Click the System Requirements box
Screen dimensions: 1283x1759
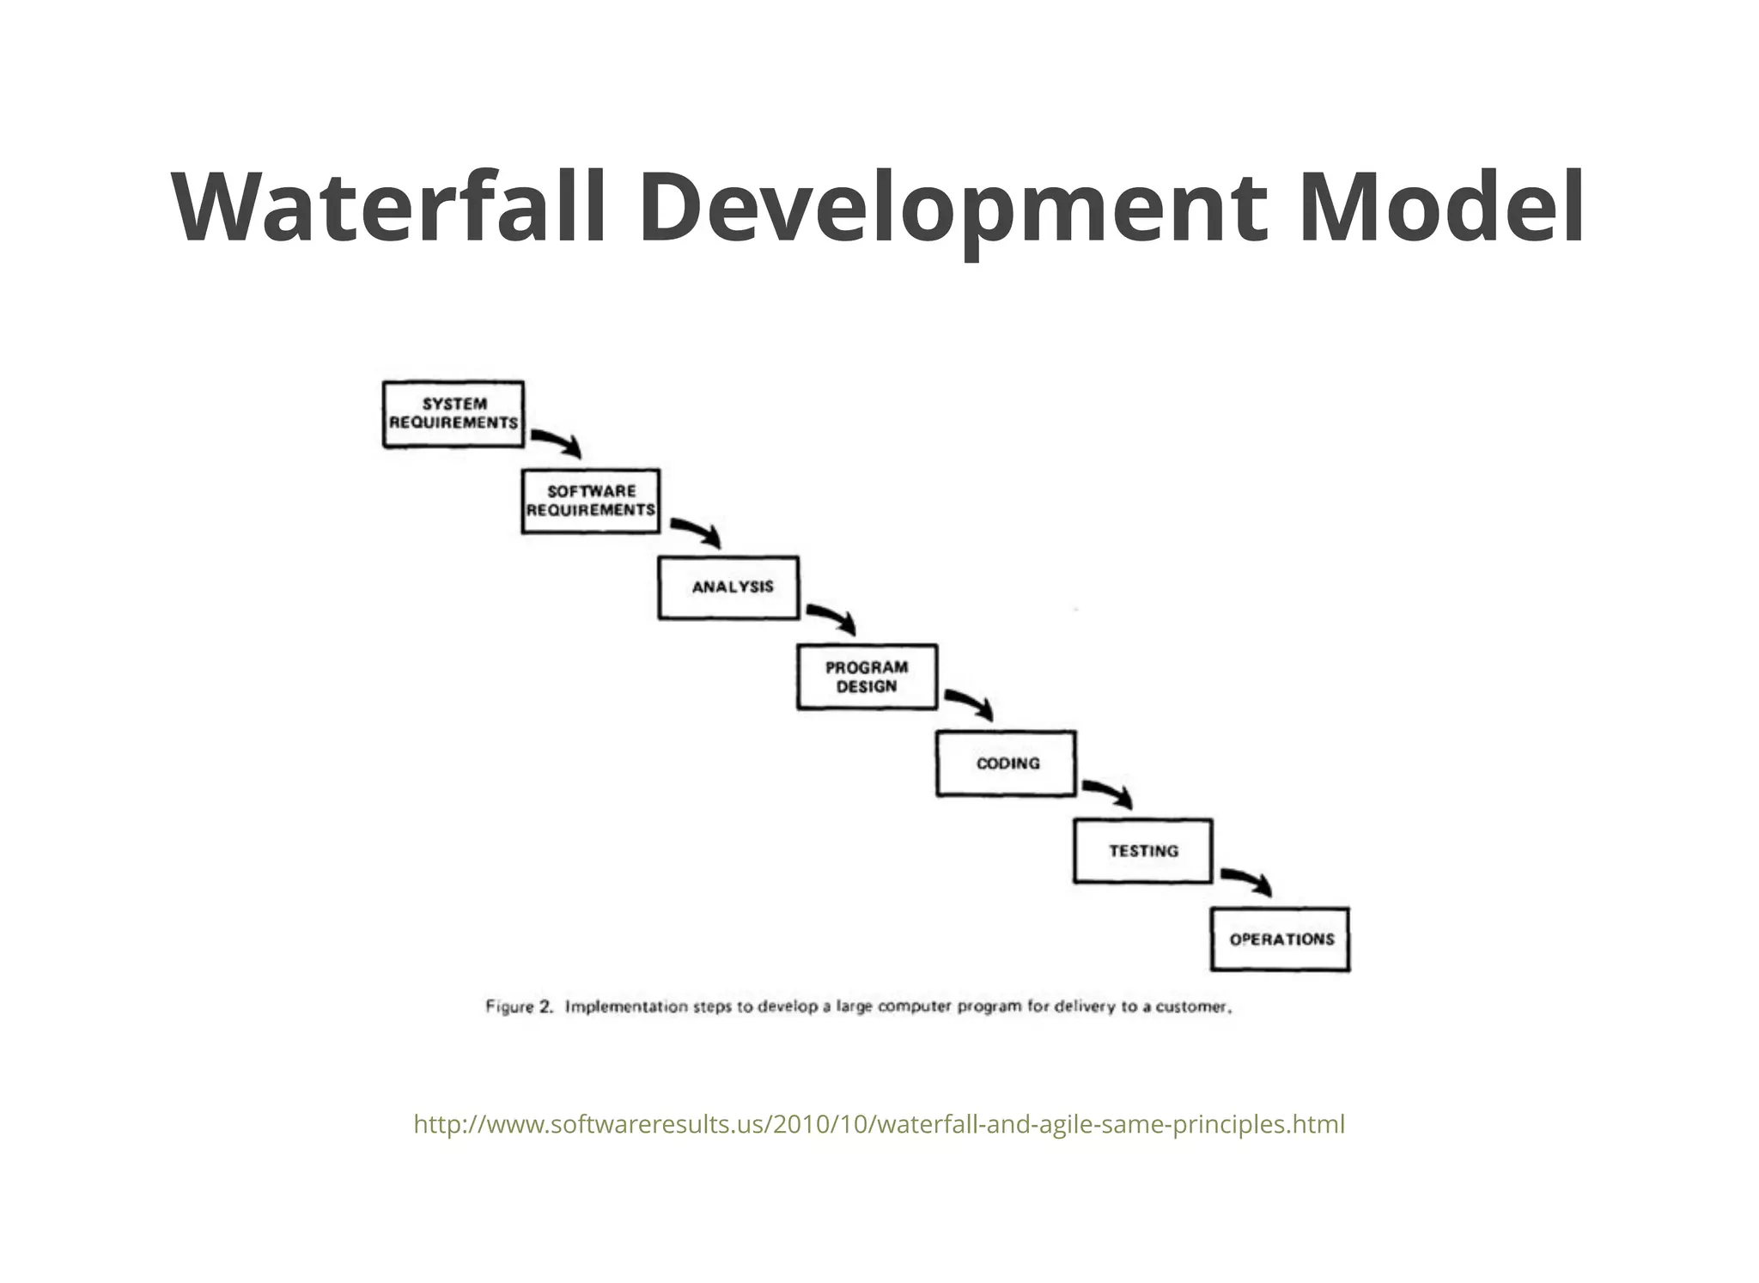click(x=453, y=414)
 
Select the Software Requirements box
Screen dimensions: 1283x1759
click(x=591, y=502)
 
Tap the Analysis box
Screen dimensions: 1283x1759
click(x=728, y=587)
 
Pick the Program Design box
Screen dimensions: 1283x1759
click(x=867, y=677)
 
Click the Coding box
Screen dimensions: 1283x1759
click(x=1006, y=763)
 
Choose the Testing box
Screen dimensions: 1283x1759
click(x=1143, y=851)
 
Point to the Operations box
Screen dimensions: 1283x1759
click(x=1280, y=939)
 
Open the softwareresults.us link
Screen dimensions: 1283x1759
click(x=879, y=1124)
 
